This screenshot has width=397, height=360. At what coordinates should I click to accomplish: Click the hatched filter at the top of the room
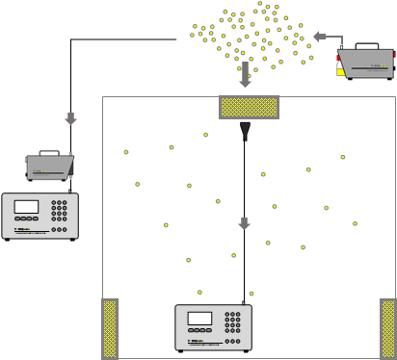click(249, 107)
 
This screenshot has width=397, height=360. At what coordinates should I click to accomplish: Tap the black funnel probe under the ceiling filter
click(245, 131)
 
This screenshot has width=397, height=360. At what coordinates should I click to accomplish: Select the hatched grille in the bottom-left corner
click(110, 328)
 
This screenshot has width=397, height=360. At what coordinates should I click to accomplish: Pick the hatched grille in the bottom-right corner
click(387, 328)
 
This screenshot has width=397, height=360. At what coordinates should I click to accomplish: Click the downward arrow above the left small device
click(70, 118)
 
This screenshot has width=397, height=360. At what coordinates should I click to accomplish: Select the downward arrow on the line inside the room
click(244, 223)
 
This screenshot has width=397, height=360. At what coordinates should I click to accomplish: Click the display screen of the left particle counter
click(27, 207)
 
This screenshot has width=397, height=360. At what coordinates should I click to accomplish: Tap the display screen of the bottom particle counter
click(199, 319)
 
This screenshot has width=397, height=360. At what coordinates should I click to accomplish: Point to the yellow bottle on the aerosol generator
click(340, 70)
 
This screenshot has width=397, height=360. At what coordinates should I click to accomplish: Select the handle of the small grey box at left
click(49, 152)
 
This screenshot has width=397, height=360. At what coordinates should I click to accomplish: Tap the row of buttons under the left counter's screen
click(27, 221)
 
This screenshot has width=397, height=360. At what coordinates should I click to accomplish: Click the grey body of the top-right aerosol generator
click(367, 62)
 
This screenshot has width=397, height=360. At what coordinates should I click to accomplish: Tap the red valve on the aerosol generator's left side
click(338, 58)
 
